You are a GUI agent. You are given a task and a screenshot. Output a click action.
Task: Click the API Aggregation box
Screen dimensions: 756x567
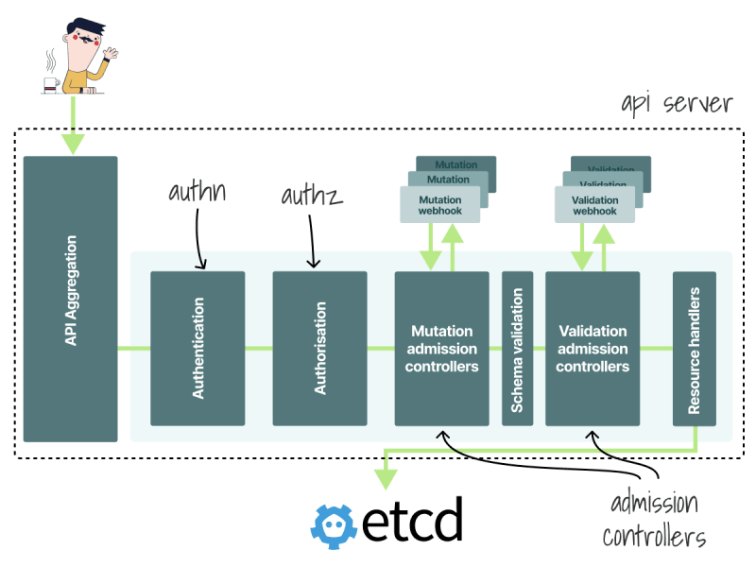pyautogui.click(x=70, y=299)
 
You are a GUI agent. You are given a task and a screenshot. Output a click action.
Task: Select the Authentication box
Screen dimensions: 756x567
pyautogui.click(x=198, y=349)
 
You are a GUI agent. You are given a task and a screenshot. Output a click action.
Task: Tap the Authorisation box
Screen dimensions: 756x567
pyautogui.click(x=319, y=349)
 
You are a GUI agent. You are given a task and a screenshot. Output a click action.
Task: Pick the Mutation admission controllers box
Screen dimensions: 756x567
pyautogui.click(x=441, y=349)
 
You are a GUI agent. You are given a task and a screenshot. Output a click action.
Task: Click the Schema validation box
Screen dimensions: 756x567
pyautogui.click(x=517, y=349)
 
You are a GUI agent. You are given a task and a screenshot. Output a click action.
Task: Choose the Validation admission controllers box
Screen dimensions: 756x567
pyautogui.click(x=593, y=349)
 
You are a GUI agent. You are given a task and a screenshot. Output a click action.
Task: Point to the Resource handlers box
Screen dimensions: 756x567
pyautogui.click(x=695, y=349)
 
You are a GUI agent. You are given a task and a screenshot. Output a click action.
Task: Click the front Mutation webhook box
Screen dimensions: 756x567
pyautogui.click(x=440, y=205)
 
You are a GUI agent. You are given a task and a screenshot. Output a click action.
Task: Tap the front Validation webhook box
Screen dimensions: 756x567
pyautogui.click(x=595, y=205)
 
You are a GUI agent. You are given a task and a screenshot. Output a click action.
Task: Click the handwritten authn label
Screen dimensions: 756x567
pyautogui.click(x=198, y=192)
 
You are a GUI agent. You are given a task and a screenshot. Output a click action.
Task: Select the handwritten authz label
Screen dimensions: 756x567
pyautogui.click(x=312, y=196)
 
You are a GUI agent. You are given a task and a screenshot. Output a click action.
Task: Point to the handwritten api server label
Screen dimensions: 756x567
pyautogui.click(x=677, y=104)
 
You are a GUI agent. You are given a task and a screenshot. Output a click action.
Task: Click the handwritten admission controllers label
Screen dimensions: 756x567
pyautogui.click(x=654, y=520)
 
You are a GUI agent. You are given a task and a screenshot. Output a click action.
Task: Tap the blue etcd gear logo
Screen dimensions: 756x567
pyautogui.click(x=334, y=526)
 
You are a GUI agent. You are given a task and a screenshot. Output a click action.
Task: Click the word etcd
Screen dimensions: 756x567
pyautogui.click(x=412, y=519)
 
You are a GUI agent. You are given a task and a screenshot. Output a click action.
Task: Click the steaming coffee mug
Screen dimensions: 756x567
pyautogui.click(x=51, y=84)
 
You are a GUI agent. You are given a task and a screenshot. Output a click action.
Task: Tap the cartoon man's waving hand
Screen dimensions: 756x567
pyautogui.click(x=111, y=53)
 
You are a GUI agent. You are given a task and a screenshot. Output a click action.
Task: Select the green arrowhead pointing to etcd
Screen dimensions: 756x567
pyautogui.click(x=386, y=480)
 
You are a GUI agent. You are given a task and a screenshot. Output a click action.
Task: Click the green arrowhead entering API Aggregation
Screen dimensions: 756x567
pyautogui.click(x=74, y=145)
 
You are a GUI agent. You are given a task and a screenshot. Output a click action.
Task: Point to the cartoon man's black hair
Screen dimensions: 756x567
pyautogui.click(x=86, y=26)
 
